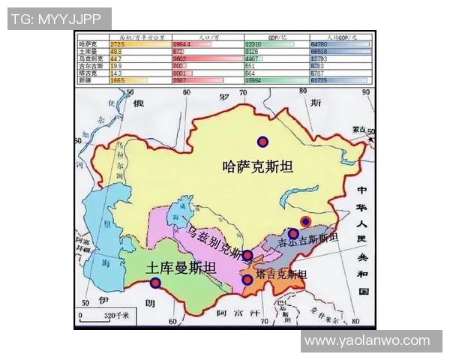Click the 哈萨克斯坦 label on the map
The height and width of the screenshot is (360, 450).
pos(257,167)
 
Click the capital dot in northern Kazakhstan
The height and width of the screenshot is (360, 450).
pos(262,141)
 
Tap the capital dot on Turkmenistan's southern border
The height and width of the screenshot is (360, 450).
pos(155,283)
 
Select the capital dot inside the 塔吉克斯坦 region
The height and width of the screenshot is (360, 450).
pos(247,279)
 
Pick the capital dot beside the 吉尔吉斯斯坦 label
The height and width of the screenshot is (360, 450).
pos(293,233)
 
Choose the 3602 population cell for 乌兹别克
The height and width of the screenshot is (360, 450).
pos(180,58)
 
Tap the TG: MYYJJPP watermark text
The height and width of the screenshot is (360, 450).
pos(59,19)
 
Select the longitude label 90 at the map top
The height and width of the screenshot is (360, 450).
pos(366,92)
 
